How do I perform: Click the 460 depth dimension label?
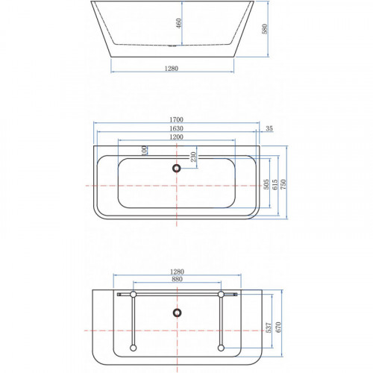pyautogui.click(x=179, y=23)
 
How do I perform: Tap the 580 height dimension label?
pyautogui.click(x=265, y=29)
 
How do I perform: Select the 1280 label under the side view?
pyautogui.click(x=172, y=68)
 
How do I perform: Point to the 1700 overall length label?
pyautogui.click(x=176, y=119)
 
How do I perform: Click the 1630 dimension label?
pyautogui.click(x=176, y=128)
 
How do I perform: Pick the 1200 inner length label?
pyautogui.click(x=176, y=137)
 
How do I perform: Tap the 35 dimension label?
pyautogui.click(x=269, y=128)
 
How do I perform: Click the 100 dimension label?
pyautogui.click(x=144, y=151)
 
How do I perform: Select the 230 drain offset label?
pyautogui.click(x=193, y=157)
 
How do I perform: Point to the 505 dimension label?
pyautogui.click(x=266, y=184)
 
